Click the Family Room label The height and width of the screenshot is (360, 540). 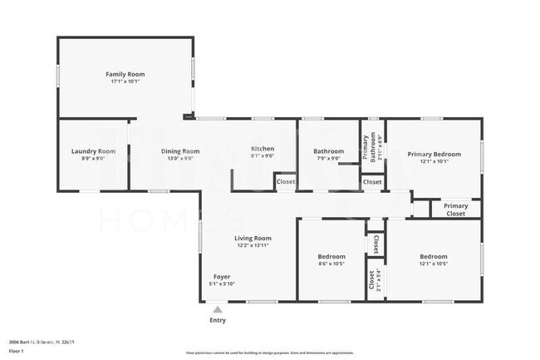125,74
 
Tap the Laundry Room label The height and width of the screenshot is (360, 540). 93,150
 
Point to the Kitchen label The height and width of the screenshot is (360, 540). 263,149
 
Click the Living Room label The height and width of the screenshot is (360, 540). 253,238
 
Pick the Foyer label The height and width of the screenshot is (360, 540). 222,276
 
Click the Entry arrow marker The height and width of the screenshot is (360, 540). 218,308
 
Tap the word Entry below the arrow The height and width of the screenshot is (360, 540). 218,320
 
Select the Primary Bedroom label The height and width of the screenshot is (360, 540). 434,154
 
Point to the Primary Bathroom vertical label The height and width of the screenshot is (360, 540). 366,146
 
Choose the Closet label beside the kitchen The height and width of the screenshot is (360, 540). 285,181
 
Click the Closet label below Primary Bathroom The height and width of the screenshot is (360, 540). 372,181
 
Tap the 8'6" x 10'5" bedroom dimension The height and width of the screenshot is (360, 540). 331,264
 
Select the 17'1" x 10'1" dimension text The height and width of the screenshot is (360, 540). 125,81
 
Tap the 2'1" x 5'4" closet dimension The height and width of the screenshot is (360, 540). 379,279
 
